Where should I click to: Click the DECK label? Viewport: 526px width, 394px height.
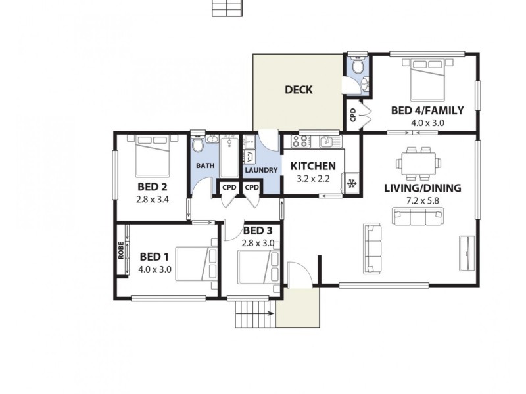coord(299,90)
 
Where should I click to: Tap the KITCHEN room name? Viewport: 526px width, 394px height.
coord(314,166)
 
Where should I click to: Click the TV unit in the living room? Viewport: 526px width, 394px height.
coord(466,252)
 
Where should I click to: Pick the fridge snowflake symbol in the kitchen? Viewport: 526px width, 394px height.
coord(351,184)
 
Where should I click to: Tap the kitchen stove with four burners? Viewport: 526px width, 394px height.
coord(300,141)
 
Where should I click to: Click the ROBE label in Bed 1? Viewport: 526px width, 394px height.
coord(122,251)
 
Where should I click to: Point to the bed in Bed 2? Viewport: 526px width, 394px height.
coord(153,154)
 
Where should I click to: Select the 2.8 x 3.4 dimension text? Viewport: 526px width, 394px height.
coord(153,199)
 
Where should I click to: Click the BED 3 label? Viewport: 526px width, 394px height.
coord(257,230)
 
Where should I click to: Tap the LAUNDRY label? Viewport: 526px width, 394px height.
coord(261,170)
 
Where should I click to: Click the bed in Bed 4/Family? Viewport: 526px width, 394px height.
coord(427,80)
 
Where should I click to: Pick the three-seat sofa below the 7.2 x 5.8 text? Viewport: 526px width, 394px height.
coord(419,215)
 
